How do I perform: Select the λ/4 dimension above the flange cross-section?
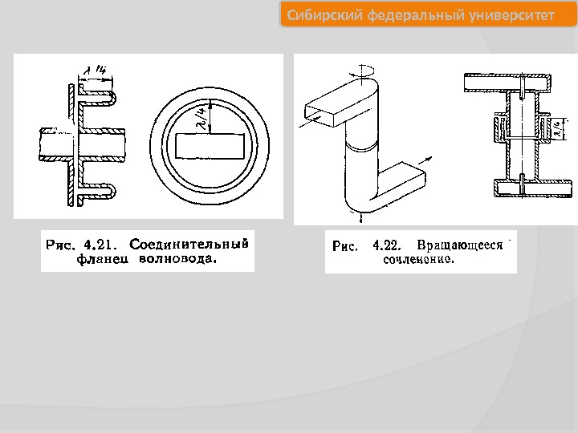[x=100, y=71]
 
